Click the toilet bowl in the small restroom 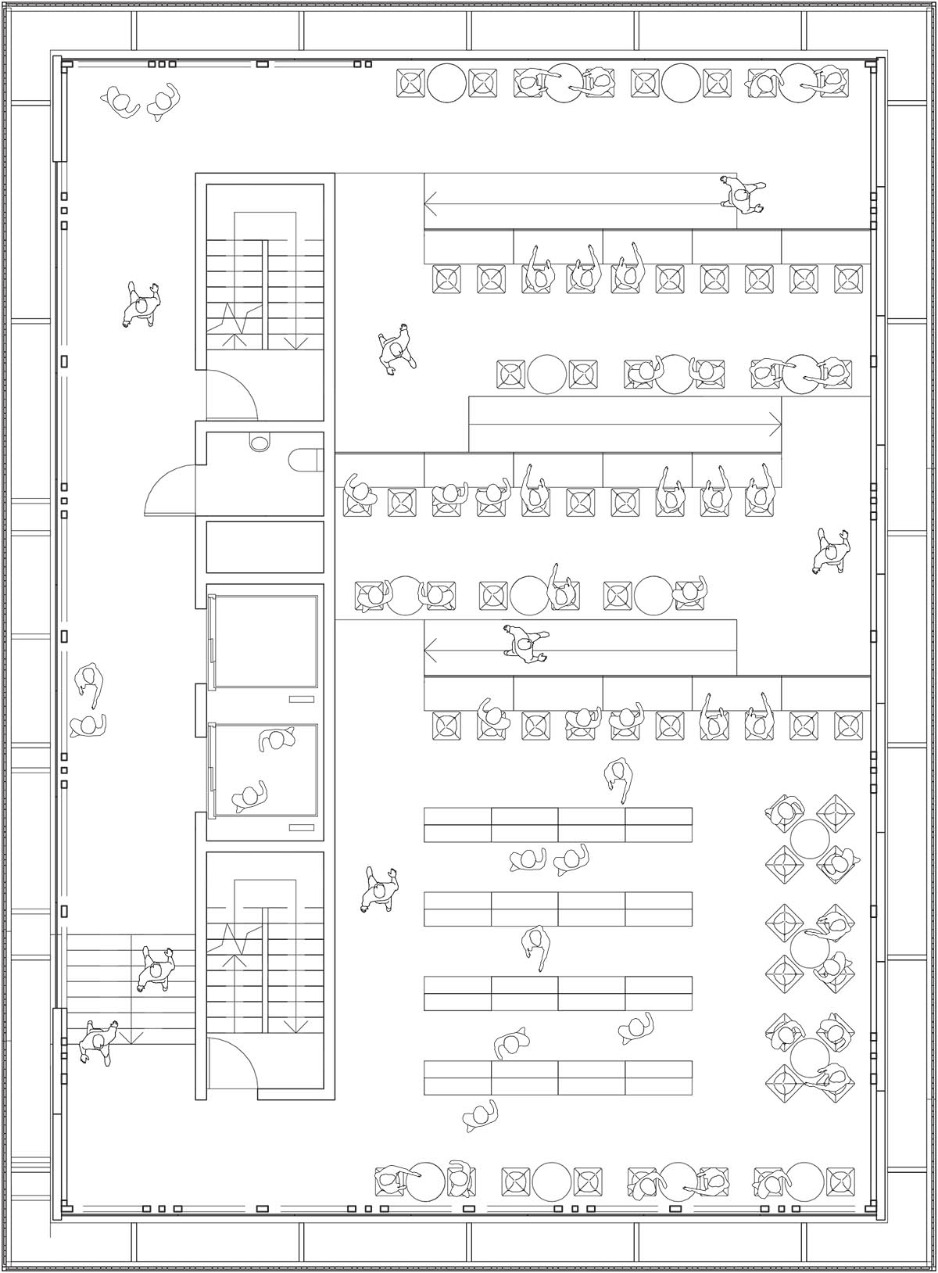point(306,461)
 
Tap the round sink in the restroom point(259,443)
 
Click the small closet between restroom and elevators point(265,547)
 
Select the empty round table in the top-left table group point(446,82)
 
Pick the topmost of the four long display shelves point(557,824)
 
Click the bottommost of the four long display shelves point(557,1078)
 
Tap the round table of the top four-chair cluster point(809,837)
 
